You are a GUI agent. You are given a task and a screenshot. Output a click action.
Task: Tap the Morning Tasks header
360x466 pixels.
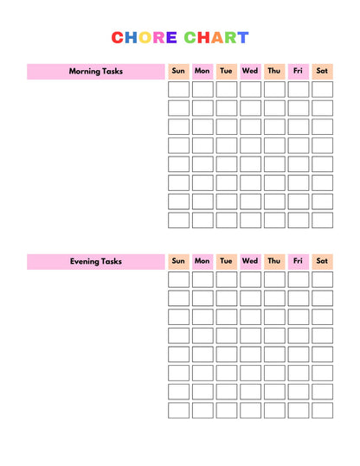coord(95,71)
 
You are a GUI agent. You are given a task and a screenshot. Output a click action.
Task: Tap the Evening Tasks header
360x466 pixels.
coord(95,261)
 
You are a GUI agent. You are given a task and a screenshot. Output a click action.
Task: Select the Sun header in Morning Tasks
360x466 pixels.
coord(178,71)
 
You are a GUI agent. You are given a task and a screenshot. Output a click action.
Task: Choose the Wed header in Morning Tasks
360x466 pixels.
coord(250,71)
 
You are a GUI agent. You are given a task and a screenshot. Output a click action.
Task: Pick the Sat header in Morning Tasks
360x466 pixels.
coord(322,71)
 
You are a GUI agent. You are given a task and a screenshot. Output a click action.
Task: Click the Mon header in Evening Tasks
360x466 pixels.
coord(202,261)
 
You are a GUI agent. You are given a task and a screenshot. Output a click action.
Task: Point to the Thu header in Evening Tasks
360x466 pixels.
coord(274,261)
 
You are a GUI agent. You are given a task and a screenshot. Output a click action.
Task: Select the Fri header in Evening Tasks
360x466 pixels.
coord(298,261)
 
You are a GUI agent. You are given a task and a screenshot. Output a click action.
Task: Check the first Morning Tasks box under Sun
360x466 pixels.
coord(178,89)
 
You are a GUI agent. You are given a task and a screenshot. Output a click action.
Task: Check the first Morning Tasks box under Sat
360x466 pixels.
coord(322,89)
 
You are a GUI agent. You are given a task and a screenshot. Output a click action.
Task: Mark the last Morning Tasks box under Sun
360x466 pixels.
coord(178,220)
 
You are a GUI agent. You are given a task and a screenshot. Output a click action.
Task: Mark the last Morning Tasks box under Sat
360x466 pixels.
coord(322,220)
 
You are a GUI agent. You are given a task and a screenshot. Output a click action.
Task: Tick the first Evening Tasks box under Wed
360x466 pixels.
coord(250,279)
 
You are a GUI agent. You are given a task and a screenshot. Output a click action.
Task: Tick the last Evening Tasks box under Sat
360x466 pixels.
coord(322,411)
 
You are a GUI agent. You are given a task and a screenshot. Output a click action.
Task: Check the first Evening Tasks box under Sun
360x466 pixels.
coord(178,279)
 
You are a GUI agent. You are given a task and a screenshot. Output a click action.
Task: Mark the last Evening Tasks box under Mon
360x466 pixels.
coord(202,411)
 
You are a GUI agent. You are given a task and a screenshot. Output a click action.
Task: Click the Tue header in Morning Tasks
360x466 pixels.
coord(227,71)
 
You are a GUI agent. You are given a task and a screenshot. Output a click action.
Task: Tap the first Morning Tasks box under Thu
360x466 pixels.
coord(274,89)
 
